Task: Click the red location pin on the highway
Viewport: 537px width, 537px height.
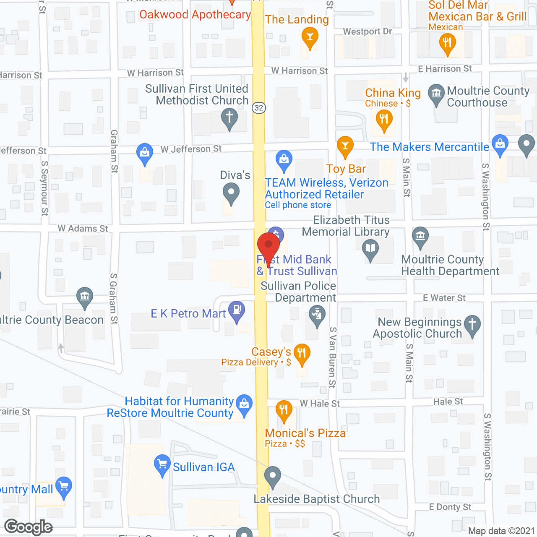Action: [x=268, y=245]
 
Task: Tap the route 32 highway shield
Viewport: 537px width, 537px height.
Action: [x=259, y=108]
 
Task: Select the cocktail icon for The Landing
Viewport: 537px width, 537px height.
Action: [x=310, y=36]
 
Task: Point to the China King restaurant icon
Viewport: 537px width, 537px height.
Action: [x=384, y=119]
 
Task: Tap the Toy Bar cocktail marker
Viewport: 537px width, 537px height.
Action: [x=345, y=146]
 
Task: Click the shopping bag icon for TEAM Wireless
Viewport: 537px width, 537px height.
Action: [x=284, y=159]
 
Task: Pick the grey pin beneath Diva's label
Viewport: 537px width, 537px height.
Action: [x=231, y=193]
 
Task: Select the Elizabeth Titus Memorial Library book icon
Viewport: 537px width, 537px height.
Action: [x=370, y=248]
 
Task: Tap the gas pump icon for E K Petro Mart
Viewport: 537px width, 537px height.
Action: [x=237, y=310]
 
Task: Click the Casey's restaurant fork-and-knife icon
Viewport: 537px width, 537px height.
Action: [x=302, y=353]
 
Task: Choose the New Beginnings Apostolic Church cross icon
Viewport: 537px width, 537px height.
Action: [x=472, y=324]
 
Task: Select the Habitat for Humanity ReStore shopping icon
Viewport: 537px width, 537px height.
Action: [x=244, y=404]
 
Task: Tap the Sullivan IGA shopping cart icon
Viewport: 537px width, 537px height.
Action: [x=162, y=464]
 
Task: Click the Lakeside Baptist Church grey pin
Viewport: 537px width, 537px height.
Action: [x=273, y=476]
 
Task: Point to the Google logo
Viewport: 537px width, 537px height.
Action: [x=29, y=527]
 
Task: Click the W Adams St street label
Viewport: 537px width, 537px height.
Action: [x=83, y=229]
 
